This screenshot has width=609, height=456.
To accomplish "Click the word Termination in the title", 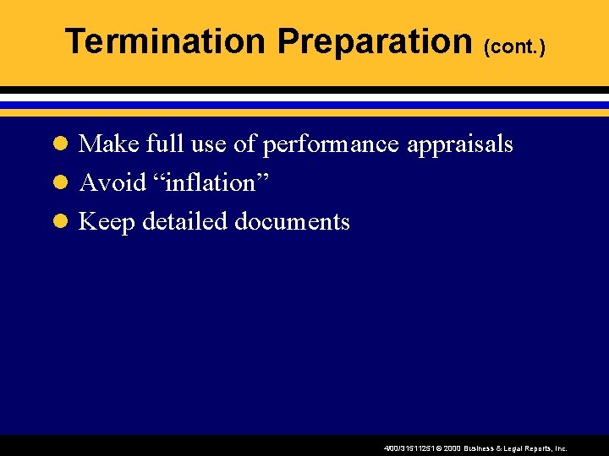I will (x=164, y=41).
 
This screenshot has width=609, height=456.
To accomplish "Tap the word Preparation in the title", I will (x=374, y=41).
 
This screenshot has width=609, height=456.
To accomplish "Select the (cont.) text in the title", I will (x=514, y=47).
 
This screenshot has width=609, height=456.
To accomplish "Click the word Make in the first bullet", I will (x=109, y=144).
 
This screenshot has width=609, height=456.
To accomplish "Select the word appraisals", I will (x=460, y=145).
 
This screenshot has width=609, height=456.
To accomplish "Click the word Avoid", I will (x=112, y=183).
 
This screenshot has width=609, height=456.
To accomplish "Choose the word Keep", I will (x=107, y=222).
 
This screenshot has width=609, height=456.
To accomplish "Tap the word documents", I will (x=292, y=222).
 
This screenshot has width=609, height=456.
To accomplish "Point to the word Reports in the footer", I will (x=536, y=449).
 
